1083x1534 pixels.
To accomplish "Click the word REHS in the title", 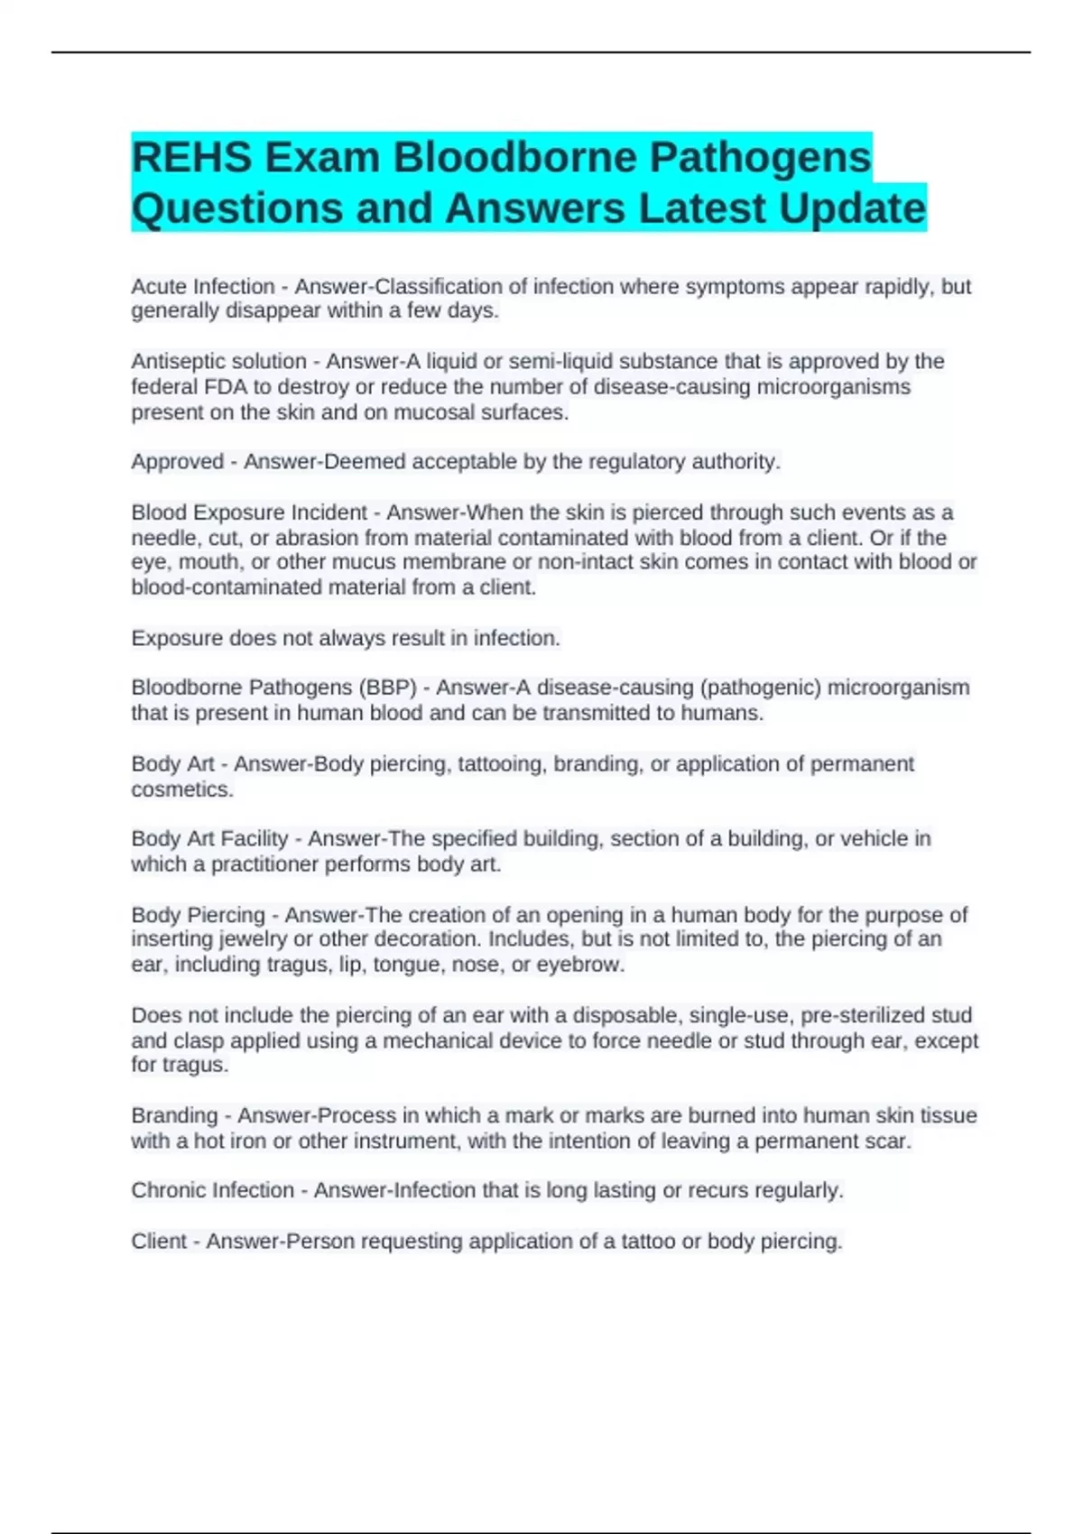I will (x=191, y=158).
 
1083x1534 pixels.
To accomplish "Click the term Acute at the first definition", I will (x=159, y=287).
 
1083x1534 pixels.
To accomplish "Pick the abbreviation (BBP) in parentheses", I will (x=388, y=688).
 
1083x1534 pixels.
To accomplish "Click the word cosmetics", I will (x=182, y=790).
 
